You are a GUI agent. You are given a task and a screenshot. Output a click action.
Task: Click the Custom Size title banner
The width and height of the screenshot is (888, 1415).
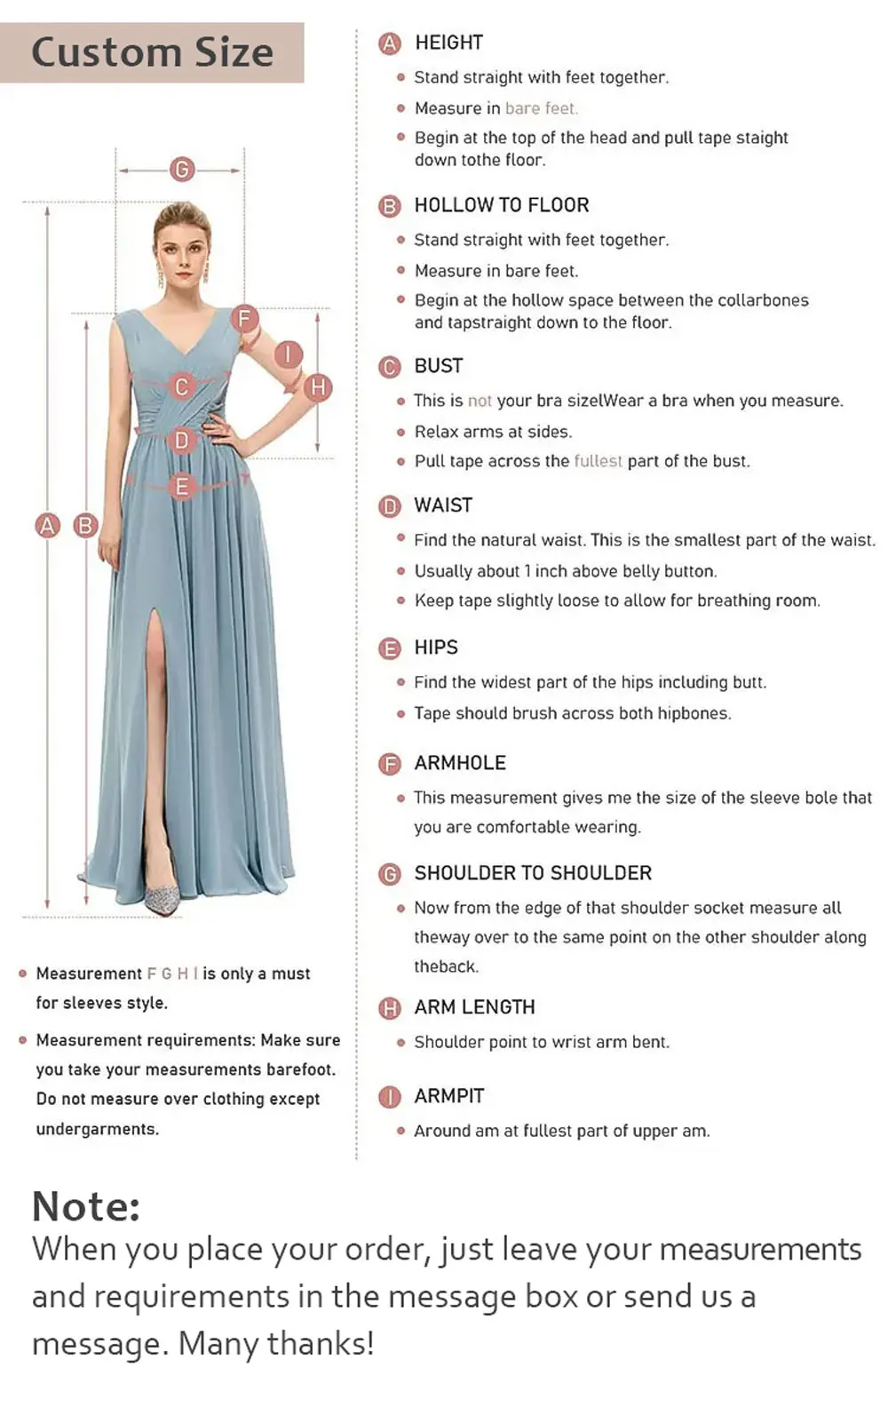[x=152, y=52]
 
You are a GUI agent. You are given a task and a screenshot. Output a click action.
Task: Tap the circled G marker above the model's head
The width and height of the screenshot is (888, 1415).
[x=182, y=169]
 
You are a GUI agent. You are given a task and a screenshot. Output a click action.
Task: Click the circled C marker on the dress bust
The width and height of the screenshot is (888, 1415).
[x=182, y=386]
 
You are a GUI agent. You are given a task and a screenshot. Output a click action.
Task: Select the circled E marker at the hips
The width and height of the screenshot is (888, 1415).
[x=182, y=486]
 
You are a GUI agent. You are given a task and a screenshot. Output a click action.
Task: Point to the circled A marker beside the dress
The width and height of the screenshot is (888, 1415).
[x=47, y=525]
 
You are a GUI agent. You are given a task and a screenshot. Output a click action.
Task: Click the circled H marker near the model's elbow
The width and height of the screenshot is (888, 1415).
[x=318, y=387]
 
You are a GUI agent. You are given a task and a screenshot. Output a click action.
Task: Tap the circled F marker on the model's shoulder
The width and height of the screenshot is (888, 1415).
[x=244, y=317]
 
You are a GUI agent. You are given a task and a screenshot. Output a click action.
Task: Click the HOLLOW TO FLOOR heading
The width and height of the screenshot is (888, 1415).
[x=501, y=205]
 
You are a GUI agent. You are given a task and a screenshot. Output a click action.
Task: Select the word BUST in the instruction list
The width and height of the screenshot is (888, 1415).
[x=438, y=366]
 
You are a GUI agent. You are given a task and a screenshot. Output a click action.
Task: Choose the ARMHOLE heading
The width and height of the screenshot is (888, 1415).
[x=459, y=763]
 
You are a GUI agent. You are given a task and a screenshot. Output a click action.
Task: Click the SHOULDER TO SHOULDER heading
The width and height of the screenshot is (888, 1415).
[x=532, y=873]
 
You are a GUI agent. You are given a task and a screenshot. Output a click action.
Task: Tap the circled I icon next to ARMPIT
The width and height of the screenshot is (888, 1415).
[x=390, y=1097]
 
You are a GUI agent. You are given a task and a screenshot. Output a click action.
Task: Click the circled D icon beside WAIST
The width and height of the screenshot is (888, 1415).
[x=390, y=506]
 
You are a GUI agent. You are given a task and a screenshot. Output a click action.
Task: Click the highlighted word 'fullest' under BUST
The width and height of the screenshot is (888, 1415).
[x=598, y=461]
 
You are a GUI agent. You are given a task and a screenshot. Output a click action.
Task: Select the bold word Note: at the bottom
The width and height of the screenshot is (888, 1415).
[x=86, y=1206]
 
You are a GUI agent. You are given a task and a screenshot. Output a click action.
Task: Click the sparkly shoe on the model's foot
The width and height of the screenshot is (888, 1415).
[x=163, y=898]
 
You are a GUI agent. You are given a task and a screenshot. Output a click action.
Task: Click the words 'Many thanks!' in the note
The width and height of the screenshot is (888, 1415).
[x=276, y=1343]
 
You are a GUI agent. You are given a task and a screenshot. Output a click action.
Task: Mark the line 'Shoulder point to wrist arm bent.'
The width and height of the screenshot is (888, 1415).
[x=541, y=1042]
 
